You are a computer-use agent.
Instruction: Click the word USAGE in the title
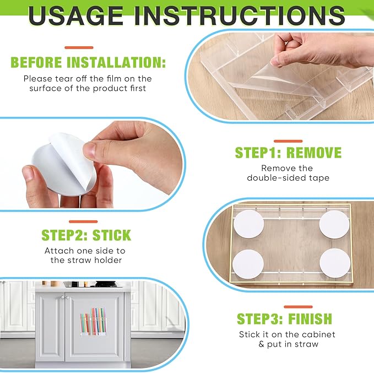pyautogui.click(x=75, y=16)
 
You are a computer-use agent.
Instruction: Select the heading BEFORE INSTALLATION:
pyautogui.click(x=88, y=62)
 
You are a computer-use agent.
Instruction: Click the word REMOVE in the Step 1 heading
pyautogui.click(x=314, y=153)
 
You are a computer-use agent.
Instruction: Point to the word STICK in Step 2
pyautogui.click(x=112, y=235)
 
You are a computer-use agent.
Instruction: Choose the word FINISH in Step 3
pyautogui.click(x=310, y=319)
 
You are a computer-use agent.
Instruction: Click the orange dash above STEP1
pyautogui.click(x=288, y=141)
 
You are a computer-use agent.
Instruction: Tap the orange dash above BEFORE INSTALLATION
pyautogui.click(x=79, y=48)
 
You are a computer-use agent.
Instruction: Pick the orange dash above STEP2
pyautogui.click(x=83, y=221)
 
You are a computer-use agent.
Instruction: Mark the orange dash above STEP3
pyautogui.click(x=298, y=307)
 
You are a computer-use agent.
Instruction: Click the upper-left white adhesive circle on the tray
pyautogui.click(x=248, y=224)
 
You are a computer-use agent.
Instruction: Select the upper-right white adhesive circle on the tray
pyautogui.click(x=334, y=225)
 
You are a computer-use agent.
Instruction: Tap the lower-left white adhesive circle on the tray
pyautogui.click(x=248, y=264)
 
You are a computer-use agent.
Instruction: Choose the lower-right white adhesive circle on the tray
pyautogui.click(x=335, y=263)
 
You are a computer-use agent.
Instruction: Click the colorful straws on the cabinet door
pyautogui.click(x=93, y=321)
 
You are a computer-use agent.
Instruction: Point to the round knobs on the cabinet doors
pyautogui.click(x=64, y=298)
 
